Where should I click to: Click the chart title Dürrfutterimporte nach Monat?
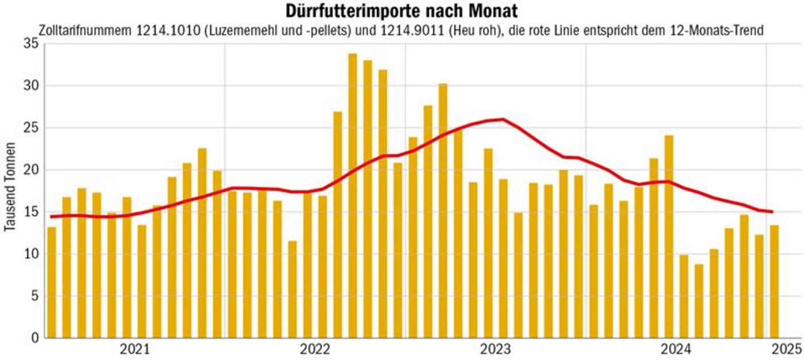coord(401,11)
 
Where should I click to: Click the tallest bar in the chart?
coord(353,195)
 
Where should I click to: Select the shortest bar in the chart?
coord(699,301)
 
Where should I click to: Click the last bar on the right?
coord(774,281)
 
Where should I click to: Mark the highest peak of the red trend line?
coord(503,119)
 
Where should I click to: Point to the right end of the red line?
coord(772,212)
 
